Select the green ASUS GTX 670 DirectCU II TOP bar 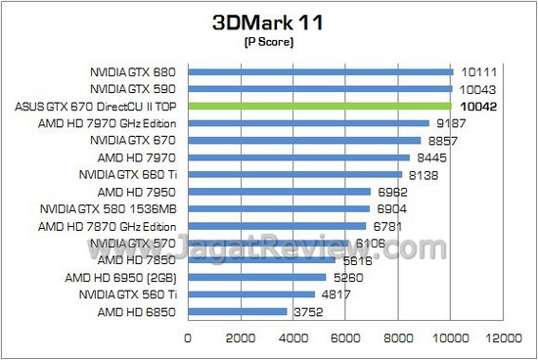click(319, 106)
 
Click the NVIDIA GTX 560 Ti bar click(250, 294)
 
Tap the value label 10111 click(476, 71)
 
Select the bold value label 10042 click(474, 106)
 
